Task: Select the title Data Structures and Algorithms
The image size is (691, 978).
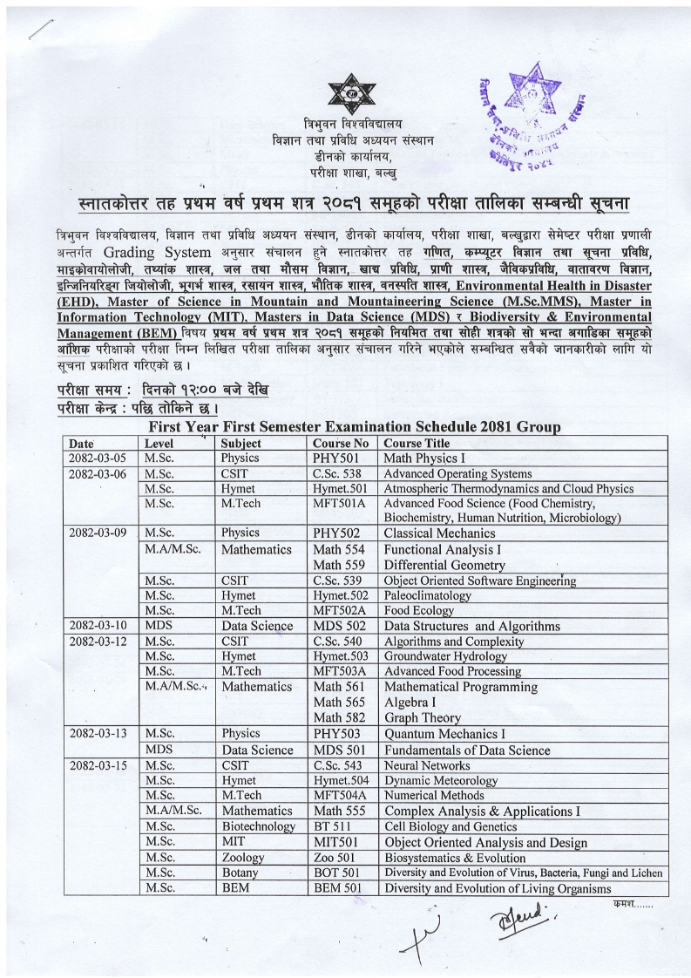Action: point(472,626)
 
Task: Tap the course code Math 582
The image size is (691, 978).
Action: point(341,718)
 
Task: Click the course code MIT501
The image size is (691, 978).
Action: point(336,842)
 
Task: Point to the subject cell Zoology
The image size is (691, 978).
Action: point(243,858)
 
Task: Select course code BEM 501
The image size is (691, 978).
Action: point(338,888)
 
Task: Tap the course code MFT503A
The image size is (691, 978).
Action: point(340,671)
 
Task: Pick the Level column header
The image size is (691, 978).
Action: point(159,443)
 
